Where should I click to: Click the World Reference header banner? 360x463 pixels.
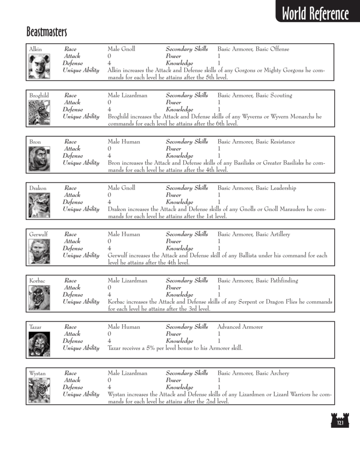pos(315,14)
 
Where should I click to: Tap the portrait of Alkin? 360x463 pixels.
pos(39,66)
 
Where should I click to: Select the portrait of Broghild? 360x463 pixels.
pos(39,112)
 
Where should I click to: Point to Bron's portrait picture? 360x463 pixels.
pos(39,159)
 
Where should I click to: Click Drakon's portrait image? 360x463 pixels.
pos(39,205)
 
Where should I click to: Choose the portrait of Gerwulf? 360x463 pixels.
pos(39,251)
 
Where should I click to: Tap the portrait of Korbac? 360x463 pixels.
pos(39,297)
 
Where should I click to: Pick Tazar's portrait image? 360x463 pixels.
pos(39,344)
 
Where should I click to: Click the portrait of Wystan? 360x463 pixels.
pos(39,390)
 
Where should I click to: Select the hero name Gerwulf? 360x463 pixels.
pos(39,234)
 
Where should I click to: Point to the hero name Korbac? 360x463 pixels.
pos(37,281)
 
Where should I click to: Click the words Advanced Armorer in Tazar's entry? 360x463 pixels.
pos(240,326)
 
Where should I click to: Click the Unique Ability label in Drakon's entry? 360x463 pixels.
pos(81,209)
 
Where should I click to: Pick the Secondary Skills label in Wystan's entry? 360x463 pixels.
pos(187,373)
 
